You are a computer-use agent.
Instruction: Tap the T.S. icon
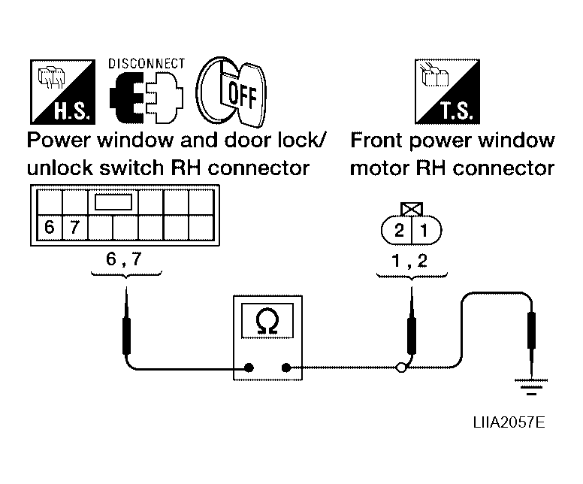(447, 92)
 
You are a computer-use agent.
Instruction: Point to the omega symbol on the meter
(266, 322)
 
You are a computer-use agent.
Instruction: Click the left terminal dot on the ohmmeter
(249, 368)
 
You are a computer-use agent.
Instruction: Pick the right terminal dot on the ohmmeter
(286, 368)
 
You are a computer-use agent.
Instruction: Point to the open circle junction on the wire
(402, 368)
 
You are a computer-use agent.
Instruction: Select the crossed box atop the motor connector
(411, 208)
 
